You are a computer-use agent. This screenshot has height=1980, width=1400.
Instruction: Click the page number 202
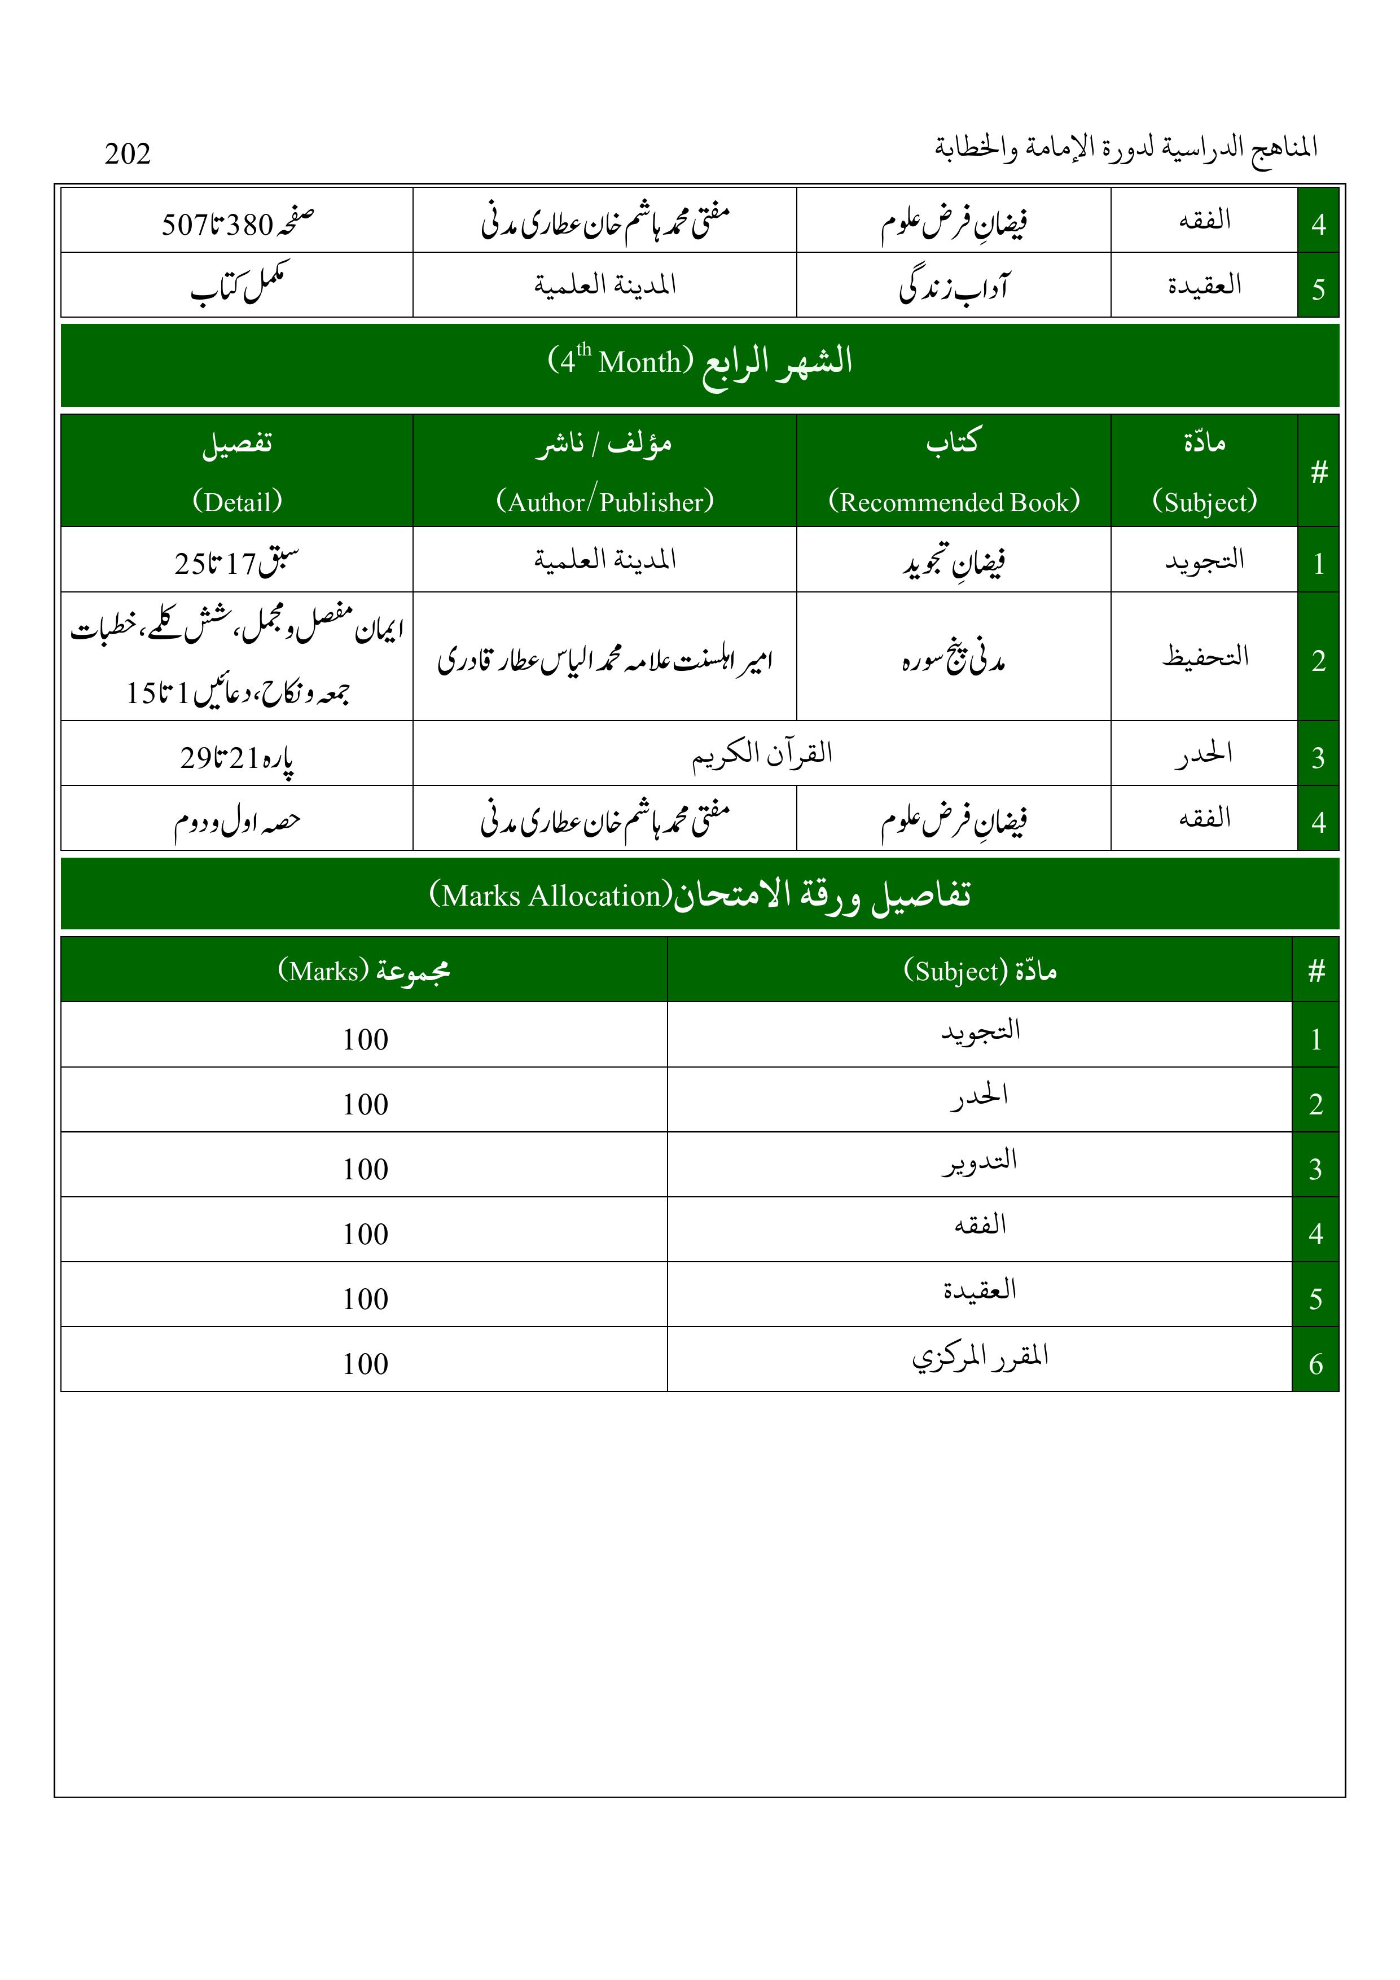click(128, 153)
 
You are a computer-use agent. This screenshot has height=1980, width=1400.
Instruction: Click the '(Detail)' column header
click(237, 501)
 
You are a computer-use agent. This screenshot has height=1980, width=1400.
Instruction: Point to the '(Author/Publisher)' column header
click(605, 501)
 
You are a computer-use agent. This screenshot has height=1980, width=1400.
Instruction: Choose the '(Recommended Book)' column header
click(953, 501)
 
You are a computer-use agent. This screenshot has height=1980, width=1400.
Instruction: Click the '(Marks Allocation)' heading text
click(700, 894)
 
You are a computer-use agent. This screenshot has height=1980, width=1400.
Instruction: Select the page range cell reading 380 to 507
click(237, 223)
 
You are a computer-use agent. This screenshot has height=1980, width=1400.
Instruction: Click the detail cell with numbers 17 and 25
click(237, 562)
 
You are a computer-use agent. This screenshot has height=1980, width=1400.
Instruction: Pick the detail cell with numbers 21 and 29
click(237, 756)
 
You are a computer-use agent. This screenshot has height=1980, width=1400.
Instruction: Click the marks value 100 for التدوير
click(365, 1169)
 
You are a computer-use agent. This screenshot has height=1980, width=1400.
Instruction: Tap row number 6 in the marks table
click(1315, 1363)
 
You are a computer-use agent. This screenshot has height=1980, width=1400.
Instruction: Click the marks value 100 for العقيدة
click(365, 1299)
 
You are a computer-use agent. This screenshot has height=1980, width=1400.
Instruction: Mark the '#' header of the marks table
click(1315, 971)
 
